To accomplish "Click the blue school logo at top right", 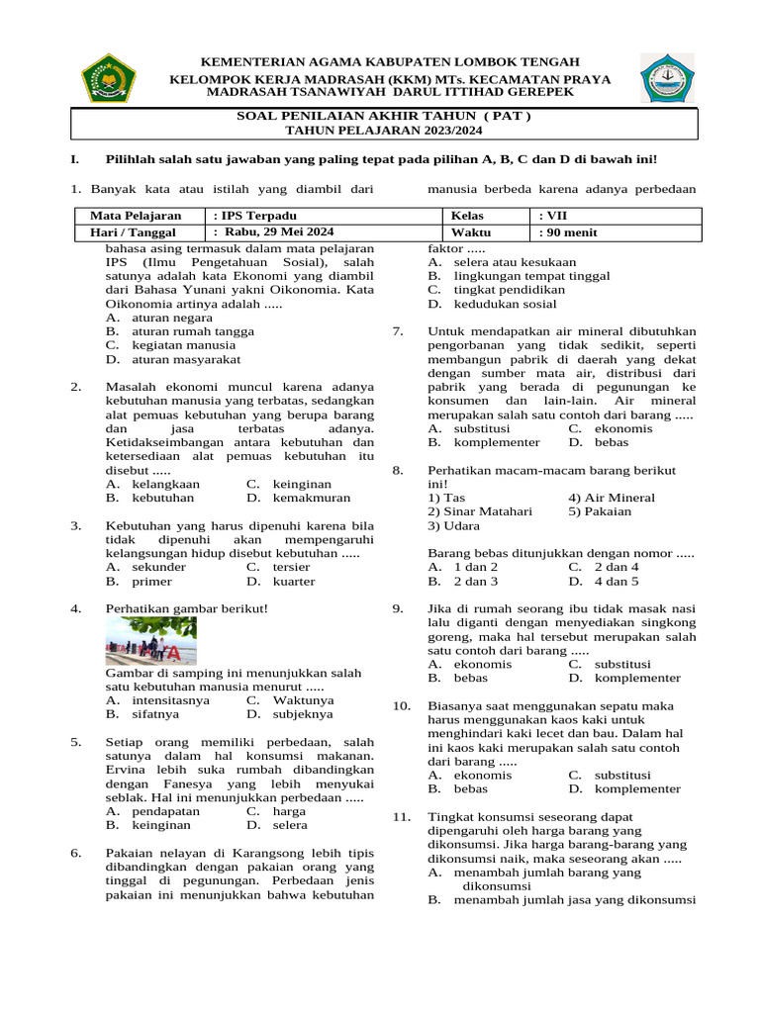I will point(667,78).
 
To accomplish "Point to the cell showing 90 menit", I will point(568,232).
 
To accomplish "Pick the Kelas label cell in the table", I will point(467,215).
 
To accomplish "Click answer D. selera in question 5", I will point(276,824).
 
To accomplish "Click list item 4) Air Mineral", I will point(611,498).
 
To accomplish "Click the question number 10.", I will point(401,705).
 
